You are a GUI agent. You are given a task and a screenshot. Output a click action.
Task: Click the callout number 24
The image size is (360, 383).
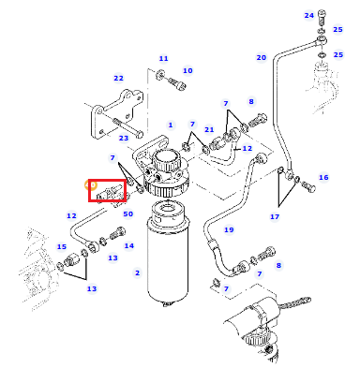pos(308,15)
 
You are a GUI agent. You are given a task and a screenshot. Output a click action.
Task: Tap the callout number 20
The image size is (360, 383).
pos(262,58)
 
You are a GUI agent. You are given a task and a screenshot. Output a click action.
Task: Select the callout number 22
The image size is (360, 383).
pos(118,79)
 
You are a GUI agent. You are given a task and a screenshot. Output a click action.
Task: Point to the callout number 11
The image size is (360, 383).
pos(163,58)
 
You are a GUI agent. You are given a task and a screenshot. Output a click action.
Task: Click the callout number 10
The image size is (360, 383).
pos(187,71)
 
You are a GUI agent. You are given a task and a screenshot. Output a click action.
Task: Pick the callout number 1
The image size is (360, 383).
pos(171,125)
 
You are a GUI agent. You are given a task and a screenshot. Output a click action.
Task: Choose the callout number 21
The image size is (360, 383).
pos(209,129)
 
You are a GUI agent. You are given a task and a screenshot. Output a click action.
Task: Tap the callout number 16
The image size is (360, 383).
pos(323,178)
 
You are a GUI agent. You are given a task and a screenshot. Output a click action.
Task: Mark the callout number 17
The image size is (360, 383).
pos(275,216)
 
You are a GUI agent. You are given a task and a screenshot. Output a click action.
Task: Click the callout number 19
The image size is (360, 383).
pos(229,230)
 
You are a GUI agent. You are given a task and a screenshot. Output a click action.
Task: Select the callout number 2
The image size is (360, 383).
pos(137,273)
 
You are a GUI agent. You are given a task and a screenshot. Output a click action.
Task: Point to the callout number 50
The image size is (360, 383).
pos(128,214)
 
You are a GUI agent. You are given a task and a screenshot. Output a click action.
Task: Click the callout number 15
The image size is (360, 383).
pos(62,247)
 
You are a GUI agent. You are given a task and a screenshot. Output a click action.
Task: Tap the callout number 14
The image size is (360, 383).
pos(128,246)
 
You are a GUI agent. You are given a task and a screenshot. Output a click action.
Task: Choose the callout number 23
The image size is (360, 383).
pos(124,138)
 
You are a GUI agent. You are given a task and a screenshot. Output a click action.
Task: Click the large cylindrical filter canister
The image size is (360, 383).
pos(168,255)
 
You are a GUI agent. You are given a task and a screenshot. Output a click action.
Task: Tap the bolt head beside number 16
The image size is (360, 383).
pos(308,186)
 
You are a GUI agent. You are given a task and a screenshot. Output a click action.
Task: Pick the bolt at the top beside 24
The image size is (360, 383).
pos(322,18)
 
